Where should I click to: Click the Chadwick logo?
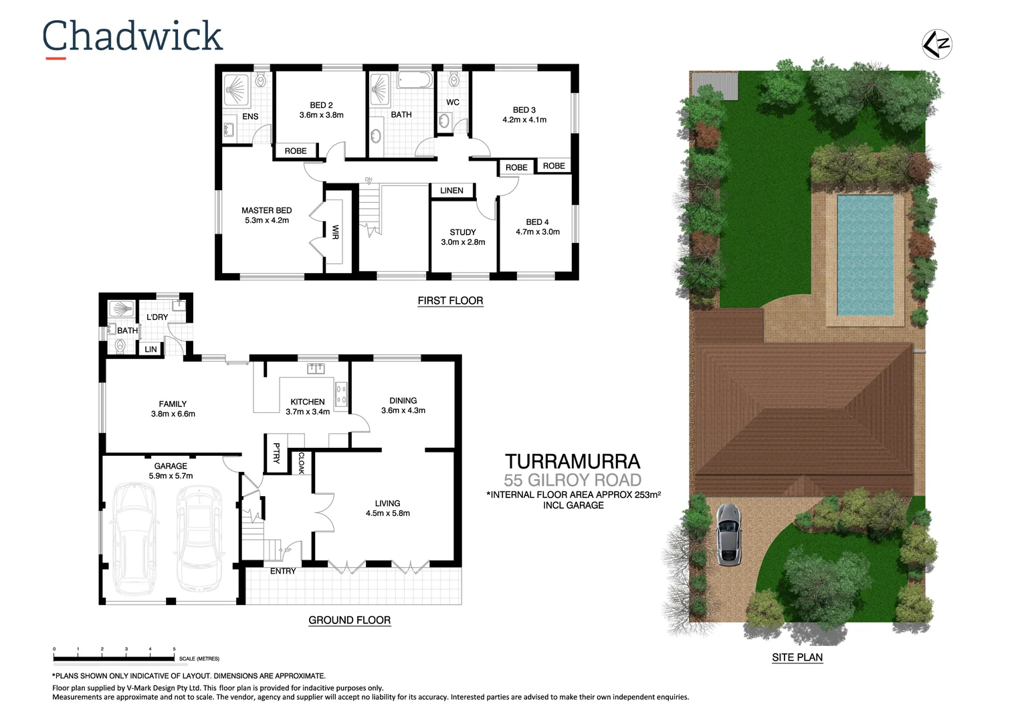tap(132, 37)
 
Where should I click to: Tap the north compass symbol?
tap(936, 44)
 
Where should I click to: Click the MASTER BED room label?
tap(266, 210)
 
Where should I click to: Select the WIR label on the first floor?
tap(335, 232)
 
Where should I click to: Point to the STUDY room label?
tap(463, 232)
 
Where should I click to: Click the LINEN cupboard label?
tap(451, 191)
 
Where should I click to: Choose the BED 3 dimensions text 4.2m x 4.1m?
tap(524, 120)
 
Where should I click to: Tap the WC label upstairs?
tap(453, 102)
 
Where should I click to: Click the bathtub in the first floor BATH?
tap(416, 81)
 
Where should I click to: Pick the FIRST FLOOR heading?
tap(450, 301)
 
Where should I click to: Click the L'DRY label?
tap(157, 317)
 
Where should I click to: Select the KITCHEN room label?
tap(308, 402)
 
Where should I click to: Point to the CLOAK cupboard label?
tap(302, 463)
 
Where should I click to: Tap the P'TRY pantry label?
tap(276, 453)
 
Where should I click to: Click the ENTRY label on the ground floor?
tap(283, 571)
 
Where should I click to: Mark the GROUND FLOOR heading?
tap(349, 620)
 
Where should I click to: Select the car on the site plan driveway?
tap(728, 534)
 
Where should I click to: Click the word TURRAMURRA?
tap(573, 461)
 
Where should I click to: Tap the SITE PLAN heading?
tap(797, 657)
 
